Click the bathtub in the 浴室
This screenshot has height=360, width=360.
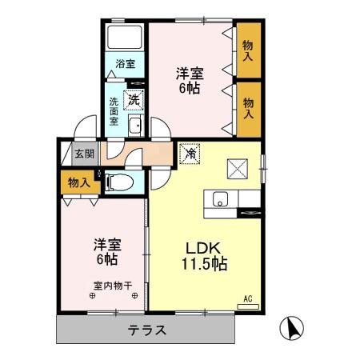pos(125,37)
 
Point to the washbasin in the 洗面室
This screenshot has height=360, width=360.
pos(136,126)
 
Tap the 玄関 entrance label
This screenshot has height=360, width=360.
pos(83,154)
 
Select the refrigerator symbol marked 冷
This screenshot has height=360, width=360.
pos(190,151)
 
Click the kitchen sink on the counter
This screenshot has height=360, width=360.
pos(220,199)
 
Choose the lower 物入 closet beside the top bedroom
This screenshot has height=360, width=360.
pos(249,108)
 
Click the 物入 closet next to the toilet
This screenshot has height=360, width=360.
pos(79,183)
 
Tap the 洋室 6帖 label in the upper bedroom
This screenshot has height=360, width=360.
pos(190,81)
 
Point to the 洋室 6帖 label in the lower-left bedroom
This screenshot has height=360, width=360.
pos(106,251)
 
